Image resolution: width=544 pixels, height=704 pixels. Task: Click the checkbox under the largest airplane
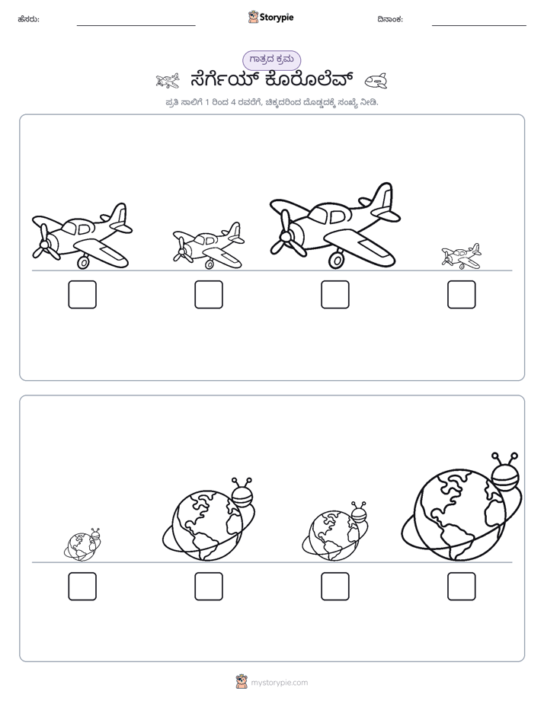point(334,295)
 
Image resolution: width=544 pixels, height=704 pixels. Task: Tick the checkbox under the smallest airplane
point(462,295)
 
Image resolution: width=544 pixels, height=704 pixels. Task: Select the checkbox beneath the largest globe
point(462,587)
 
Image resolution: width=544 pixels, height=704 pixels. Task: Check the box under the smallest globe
point(82,587)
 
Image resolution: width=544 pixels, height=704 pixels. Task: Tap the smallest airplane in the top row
point(461,256)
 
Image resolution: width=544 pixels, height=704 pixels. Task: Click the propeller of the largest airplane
point(283,233)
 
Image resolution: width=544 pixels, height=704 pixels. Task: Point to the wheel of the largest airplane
point(336,259)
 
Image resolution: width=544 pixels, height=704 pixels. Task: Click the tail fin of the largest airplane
point(383,197)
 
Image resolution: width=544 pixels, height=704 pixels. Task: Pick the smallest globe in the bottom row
point(82,545)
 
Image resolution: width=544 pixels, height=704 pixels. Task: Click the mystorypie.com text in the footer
point(279,683)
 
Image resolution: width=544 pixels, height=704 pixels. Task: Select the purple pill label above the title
point(271,59)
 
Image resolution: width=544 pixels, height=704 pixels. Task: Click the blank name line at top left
point(136,26)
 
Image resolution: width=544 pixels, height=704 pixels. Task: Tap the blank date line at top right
point(479,26)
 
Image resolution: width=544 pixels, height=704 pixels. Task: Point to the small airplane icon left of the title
point(168,81)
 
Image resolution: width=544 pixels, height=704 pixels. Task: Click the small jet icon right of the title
point(376,81)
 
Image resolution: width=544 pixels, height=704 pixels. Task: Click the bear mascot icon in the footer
point(242,682)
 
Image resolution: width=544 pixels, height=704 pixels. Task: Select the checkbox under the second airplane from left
point(209,295)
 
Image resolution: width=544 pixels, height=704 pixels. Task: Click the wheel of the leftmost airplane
point(83,263)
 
